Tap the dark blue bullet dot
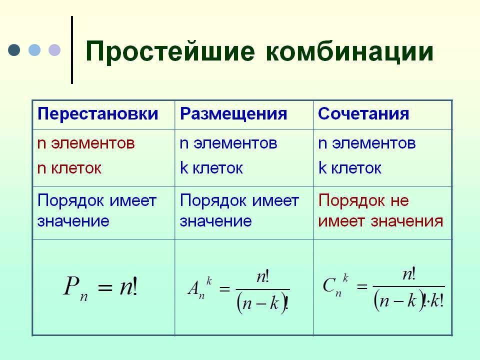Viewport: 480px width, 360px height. [14, 50]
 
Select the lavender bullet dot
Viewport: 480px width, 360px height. [54, 50]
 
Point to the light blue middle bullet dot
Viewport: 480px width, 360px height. [34, 50]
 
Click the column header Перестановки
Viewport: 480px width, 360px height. [97, 113]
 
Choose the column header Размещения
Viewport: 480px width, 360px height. [233, 113]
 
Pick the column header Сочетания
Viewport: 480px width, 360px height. [363, 113]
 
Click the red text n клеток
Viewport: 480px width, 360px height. [69, 168]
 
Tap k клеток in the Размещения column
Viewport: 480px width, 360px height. [211, 168]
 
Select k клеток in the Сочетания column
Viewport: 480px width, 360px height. [349, 168]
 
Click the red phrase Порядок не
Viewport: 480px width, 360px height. [363, 201]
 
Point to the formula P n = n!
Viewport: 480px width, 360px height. [100, 287]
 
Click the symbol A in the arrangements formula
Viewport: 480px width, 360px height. [193, 288]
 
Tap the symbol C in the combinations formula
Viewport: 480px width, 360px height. [329, 285]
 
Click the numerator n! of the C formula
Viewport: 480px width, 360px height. [409, 274]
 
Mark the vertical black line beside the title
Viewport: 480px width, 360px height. [72, 50]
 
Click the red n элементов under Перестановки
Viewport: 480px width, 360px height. [86, 143]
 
